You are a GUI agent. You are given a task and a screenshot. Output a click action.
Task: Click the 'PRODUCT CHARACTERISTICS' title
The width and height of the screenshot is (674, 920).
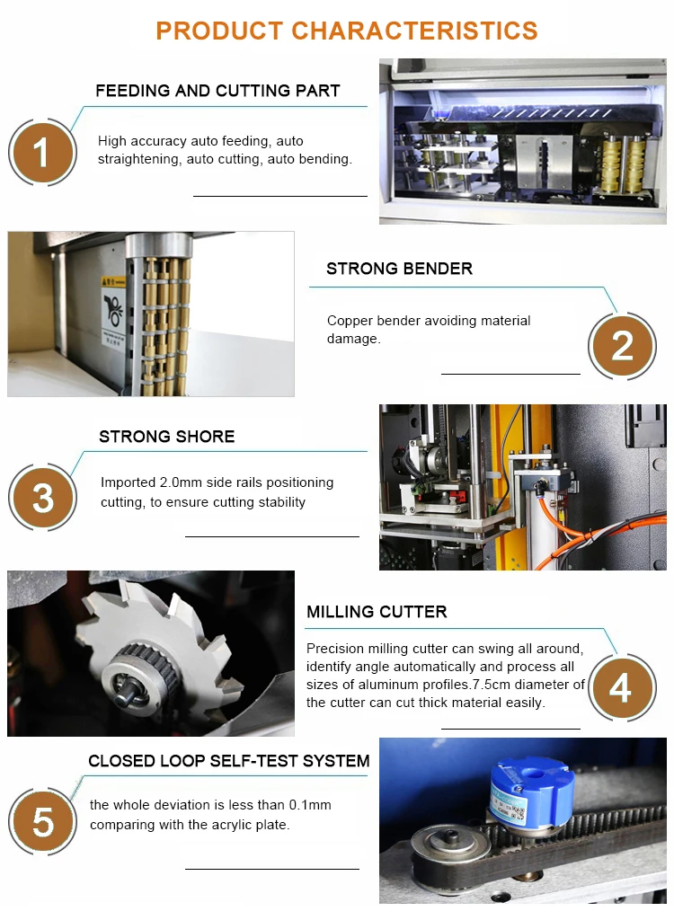346,31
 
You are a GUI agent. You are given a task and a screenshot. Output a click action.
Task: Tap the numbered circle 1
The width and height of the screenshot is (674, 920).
42,153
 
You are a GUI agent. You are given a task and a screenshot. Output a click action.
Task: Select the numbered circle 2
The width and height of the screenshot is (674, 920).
623,346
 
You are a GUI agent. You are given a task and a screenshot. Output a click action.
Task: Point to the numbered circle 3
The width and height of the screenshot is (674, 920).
42,498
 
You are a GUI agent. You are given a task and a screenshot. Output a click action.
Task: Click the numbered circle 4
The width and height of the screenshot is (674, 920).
623,687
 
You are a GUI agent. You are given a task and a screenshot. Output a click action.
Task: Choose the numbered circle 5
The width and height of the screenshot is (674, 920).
42,821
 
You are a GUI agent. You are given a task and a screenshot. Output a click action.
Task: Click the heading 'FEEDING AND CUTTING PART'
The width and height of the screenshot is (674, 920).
217,91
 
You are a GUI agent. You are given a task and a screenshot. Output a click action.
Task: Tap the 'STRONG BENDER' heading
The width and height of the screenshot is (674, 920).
399,269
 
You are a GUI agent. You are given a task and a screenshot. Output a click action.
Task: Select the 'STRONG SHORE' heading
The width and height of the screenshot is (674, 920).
167,437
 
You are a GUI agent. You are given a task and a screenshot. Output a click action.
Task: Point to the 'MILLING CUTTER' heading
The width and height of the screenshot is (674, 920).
377,611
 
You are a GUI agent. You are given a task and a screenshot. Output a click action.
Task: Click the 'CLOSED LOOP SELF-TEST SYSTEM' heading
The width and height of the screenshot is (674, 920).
229,761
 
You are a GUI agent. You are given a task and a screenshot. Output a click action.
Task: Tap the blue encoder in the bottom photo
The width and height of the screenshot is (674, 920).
531,792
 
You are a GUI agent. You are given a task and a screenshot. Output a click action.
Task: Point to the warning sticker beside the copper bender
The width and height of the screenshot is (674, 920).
112,311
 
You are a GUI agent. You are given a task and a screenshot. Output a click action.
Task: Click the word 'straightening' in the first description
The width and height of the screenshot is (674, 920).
139,160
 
